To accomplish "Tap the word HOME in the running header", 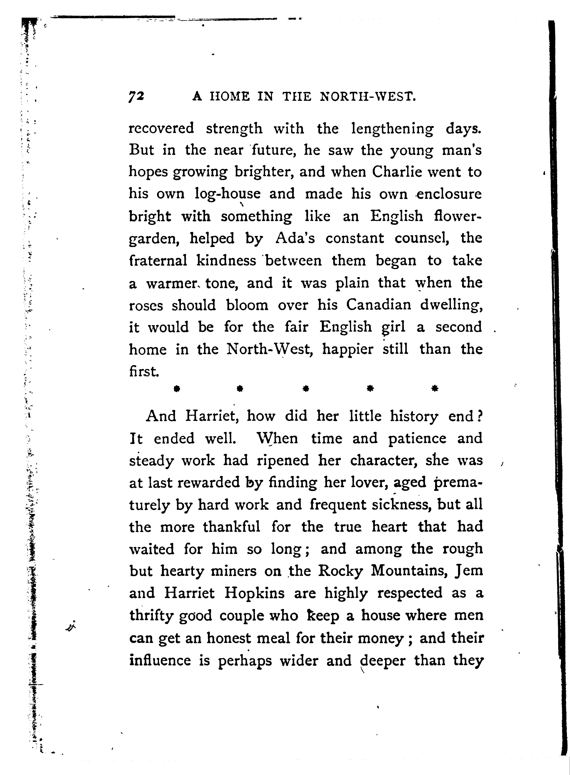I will pos(229,97).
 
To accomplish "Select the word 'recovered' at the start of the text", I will pos(161,128).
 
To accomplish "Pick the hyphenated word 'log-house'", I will pos(228,194).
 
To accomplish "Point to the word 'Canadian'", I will pos(378,305).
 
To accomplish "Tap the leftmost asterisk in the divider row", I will pos(177,389).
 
